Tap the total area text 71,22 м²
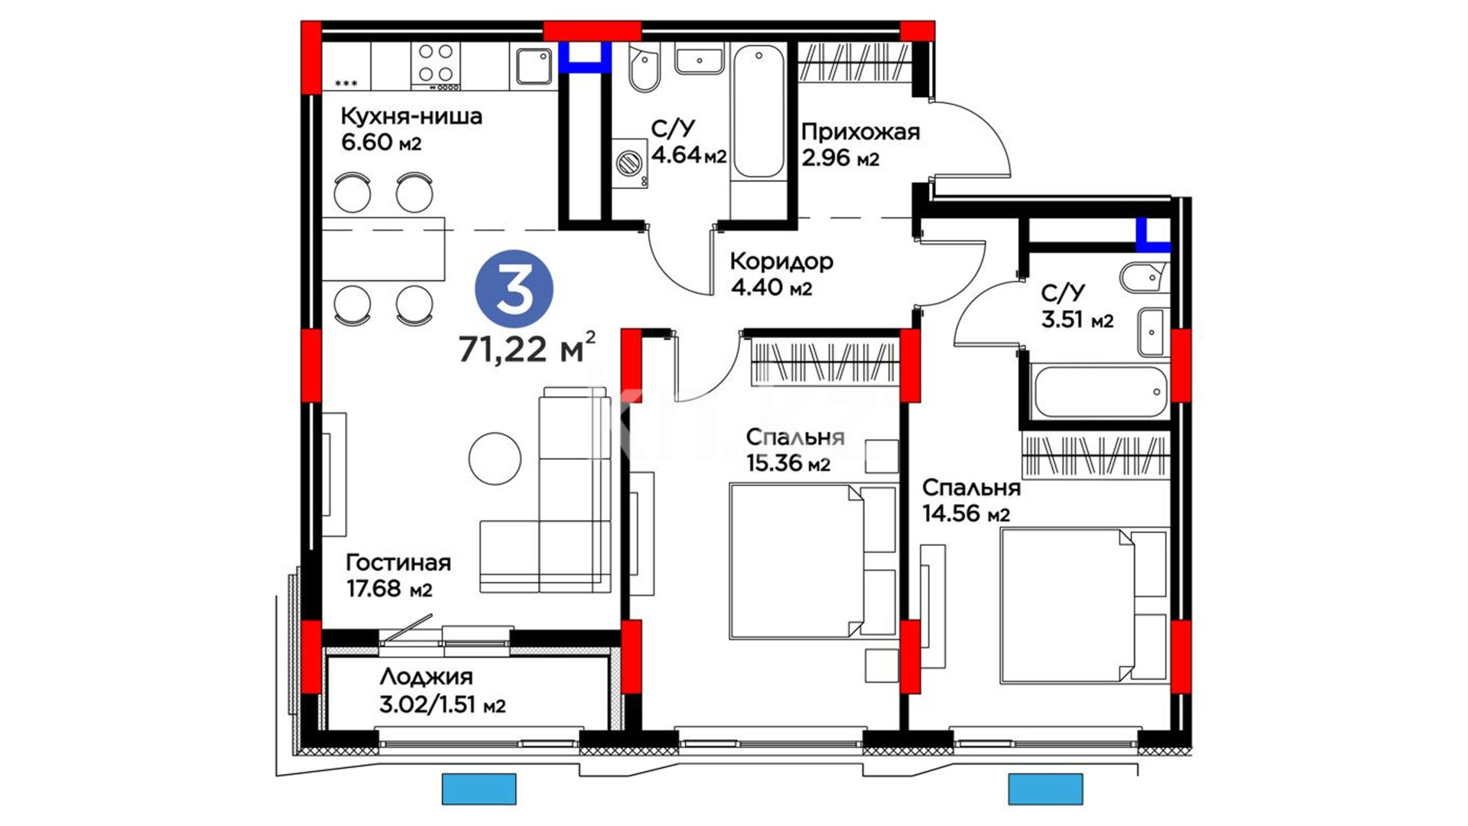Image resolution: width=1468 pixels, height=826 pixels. pos(527,348)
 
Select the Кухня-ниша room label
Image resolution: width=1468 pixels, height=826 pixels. pos(411,116)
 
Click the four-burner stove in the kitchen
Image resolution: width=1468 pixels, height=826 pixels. pos(436,63)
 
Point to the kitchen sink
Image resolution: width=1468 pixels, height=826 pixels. pos(534,66)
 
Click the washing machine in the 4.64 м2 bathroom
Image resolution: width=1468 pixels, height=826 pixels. pos(629,164)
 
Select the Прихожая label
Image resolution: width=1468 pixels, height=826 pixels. pos(860,132)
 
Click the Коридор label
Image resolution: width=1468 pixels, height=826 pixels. pos(781,262)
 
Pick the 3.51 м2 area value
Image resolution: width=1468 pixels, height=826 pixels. pos(1077,319)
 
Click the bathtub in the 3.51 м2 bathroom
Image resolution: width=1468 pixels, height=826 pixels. pos(1098,392)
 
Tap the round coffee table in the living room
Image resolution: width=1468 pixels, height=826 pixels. pos(495,459)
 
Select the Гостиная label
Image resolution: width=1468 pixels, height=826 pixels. pos(398,563)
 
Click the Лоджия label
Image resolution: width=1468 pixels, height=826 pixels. pos(426,677)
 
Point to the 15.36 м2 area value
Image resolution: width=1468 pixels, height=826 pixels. pos(788,463)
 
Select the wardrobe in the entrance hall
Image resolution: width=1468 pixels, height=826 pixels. pos(855,62)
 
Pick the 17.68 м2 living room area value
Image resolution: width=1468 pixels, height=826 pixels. pos(389,589)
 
